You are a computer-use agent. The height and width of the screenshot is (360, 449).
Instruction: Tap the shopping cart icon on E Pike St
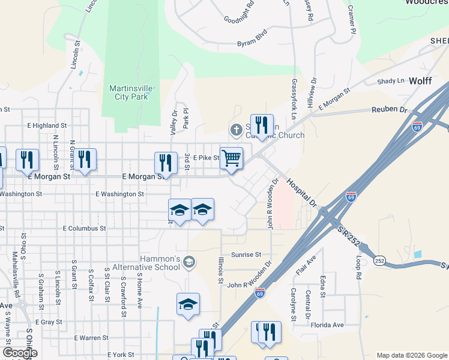(231, 158)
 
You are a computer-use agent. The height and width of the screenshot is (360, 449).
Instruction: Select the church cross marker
(237, 130)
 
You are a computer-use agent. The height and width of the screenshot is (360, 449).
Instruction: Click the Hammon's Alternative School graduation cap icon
(190, 262)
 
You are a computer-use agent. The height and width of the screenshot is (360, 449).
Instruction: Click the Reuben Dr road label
(390, 110)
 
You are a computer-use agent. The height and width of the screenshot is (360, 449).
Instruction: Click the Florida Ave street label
(327, 325)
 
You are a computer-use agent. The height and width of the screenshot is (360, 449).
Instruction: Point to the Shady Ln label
(391, 81)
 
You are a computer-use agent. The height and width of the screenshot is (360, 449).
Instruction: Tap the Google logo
(20, 353)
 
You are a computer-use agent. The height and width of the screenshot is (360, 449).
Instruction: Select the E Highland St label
(47, 125)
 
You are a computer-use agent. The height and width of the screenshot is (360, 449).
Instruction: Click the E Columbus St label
(84, 229)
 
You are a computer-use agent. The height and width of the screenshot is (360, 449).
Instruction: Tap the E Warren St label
(91, 338)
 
